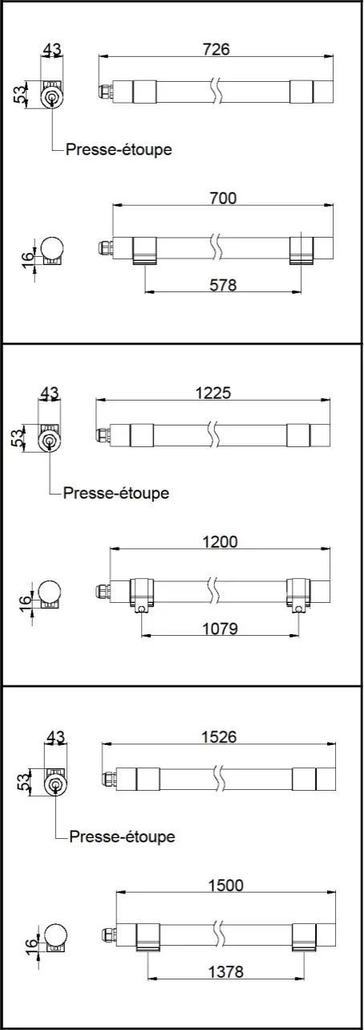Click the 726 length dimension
pyautogui.click(x=216, y=49)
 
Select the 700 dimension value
pyautogui.click(x=222, y=197)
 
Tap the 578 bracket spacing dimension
pyautogui.click(x=222, y=284)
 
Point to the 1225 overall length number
pyautogui.click(x=212, y=393)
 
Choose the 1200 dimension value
pyautogui.click(x=220, y=542)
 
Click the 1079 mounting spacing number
pyautogui.click(x=220, y=629)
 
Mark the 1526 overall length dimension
pyautogui.click(x=217, y=737)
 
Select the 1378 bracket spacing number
pyautogui.click(x=224, y=972)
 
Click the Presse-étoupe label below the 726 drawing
pyautogui.click(x=119, y=149)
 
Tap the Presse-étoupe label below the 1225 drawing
pyautogui.click(x=116, y=493)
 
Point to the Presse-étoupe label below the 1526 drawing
pyautogui.click(x=122, y=837)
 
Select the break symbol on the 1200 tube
pyautogui.click(x=213, y=590)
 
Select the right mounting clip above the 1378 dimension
pyautogui.click(x=304, y=937)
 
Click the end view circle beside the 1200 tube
pyautogui.click(x=49, y=592)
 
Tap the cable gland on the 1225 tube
pyautogui.click(x=102, y=434)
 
